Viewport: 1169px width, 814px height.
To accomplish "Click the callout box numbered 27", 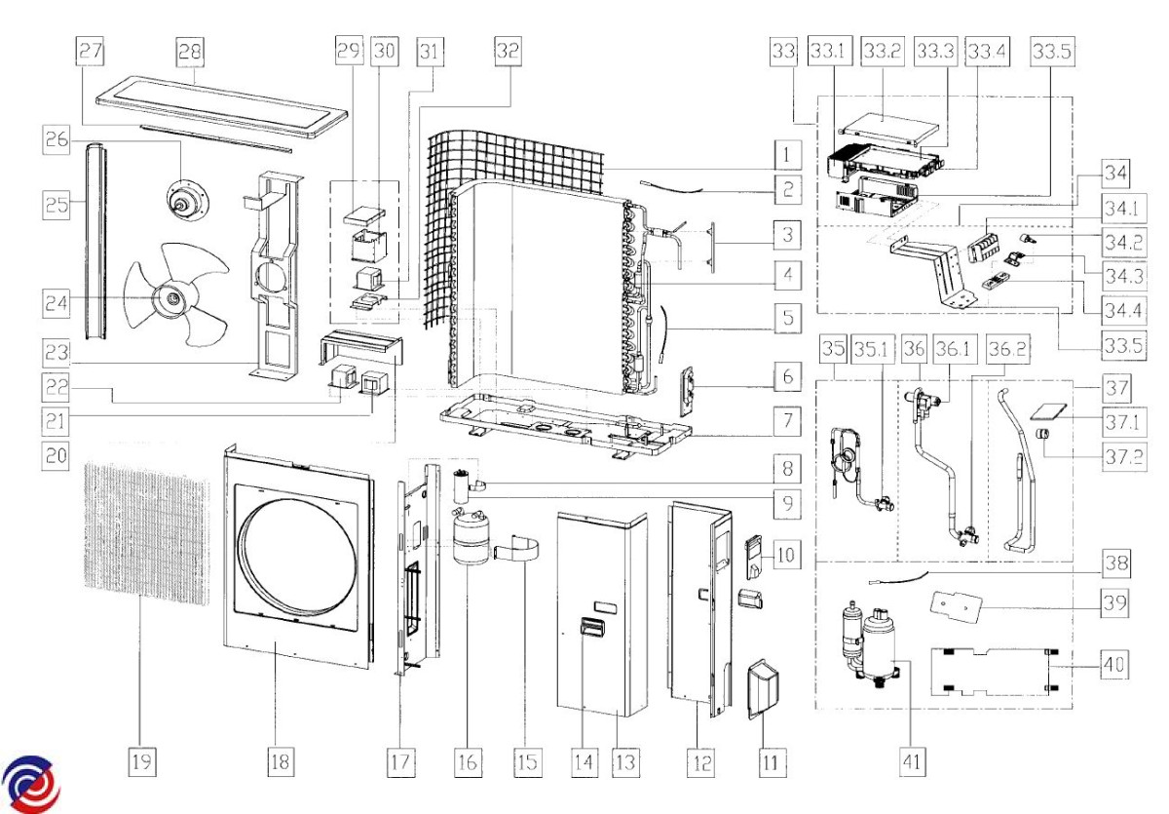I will [x=92, y=52].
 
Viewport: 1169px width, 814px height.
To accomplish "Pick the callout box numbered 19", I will [x=142, y=761].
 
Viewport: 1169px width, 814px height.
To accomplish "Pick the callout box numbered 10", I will [x=789, y=557].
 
